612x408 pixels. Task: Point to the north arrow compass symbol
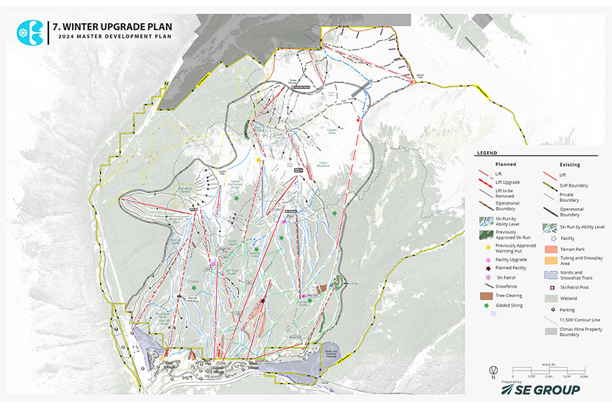[x=492, y=371]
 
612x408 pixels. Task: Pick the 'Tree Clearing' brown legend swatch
[x=485, y=296]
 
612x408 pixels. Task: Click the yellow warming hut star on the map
[x=259, y=160]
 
